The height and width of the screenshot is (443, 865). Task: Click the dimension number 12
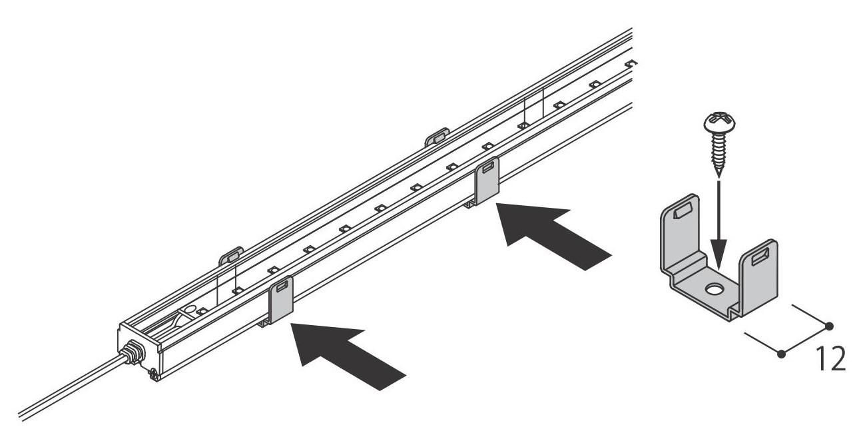pos(830,359)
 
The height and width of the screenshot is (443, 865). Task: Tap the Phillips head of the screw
pos(719,122)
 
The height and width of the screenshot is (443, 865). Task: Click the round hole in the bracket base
pos(713,289)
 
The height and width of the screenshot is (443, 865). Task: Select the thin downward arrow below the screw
pos(718,224)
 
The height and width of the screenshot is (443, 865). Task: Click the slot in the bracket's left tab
pos(682,212)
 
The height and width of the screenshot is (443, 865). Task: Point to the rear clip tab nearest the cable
pos(231,256)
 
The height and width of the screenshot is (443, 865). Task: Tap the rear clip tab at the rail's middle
pos(437,137)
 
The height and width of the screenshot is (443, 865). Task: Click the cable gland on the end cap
pos(133,352)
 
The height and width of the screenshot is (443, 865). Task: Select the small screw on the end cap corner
pos(154,374)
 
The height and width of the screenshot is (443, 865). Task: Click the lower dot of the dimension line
pos(782,353)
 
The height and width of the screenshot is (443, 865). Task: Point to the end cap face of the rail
pos(139,352)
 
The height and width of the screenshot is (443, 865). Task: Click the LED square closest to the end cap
pos(201,311)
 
